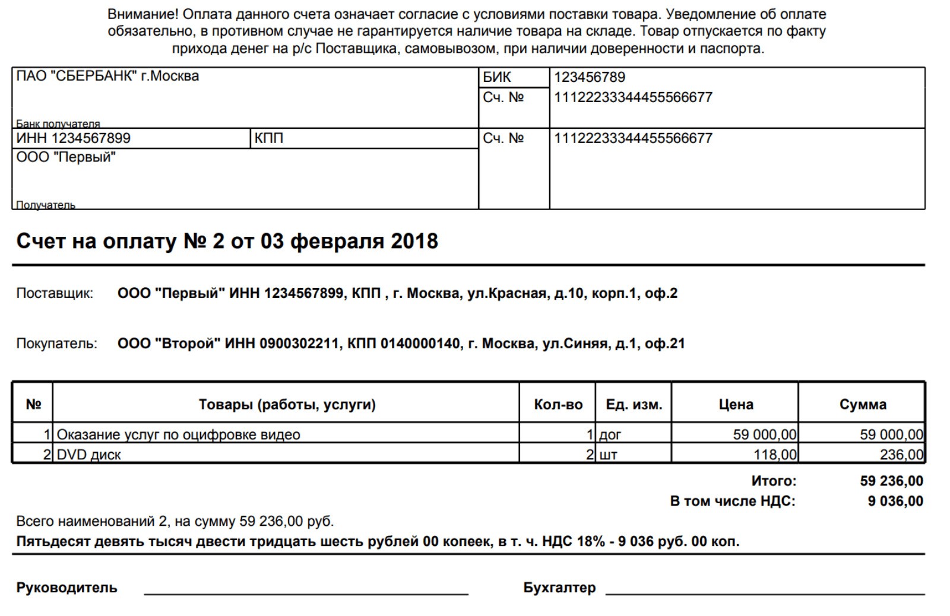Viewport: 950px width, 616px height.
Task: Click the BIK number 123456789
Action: (x=589, y=77)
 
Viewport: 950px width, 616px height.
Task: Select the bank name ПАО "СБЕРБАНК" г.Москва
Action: (x=107, y=77)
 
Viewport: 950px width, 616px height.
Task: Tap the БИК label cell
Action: (x=497, y=77)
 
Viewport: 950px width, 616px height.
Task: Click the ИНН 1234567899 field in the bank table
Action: (x=74, y=138)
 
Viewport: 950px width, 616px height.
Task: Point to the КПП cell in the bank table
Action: (x=269, y=138)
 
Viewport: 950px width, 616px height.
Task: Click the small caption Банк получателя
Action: (x=58, y=124)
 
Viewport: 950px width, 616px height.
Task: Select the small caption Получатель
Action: (x=46, y=205)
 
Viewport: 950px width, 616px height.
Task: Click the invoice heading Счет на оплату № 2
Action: (x=227, y=241)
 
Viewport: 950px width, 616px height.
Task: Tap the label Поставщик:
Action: (x=55, y=293)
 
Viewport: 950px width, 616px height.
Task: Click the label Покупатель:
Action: (x=56, y=344)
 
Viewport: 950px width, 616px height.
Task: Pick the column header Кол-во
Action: (x=558, y=405)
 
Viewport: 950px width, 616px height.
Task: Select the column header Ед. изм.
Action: (x=634, y=405)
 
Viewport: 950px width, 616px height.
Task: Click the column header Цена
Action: (x=736, y=405)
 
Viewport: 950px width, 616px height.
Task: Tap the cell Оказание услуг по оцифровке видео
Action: (x=178, y=435)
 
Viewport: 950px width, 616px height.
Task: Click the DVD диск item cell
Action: (x=89, y=455)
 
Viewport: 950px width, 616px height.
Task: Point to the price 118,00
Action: (x=775, y=455)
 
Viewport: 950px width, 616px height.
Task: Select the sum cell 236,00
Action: (x=901, y=455)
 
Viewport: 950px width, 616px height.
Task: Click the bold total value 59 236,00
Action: (x=891, y=481)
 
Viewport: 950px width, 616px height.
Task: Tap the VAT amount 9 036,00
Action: (x=895, y=501)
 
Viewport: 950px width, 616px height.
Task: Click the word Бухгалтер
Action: (x=559, y=588)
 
